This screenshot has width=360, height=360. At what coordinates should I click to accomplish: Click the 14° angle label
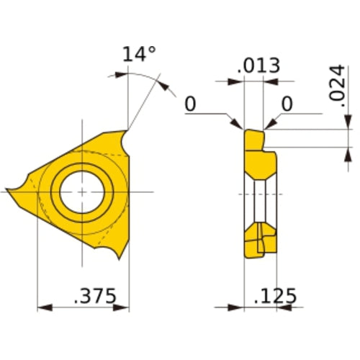click(x=139, y=55)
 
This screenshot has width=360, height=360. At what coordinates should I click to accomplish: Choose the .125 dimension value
click(x=276, y=295)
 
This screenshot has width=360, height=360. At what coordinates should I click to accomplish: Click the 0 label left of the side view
click(x=190, y=105)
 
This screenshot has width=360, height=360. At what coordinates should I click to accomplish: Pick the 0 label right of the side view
click(x=286, y=105)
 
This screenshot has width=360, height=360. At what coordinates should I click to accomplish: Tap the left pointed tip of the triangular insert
click(x=9, y=191)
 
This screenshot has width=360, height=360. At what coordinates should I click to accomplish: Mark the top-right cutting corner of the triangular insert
click(x=127, y=130)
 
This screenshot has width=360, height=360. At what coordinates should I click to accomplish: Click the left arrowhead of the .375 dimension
click(x=42, y=307)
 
